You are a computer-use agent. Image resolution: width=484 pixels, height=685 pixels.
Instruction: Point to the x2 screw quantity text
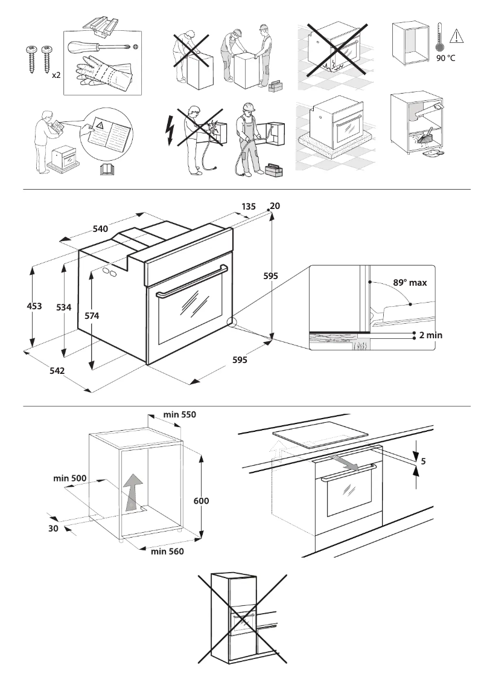tap(56, 76)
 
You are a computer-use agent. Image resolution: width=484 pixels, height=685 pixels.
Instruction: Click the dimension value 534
tap(64, 307)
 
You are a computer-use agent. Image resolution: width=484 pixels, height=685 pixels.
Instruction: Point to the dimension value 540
tap(100, 228)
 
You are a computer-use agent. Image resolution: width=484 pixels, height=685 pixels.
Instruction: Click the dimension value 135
tap(249, 206)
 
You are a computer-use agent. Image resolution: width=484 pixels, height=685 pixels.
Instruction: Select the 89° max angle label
tap(409, 281)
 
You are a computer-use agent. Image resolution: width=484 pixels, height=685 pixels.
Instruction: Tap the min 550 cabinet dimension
tap(180, 415)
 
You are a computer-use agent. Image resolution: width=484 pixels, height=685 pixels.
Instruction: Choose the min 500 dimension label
tap(70, 478)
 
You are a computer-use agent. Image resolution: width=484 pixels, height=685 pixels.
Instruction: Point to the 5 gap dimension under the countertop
tap(423, 461)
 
